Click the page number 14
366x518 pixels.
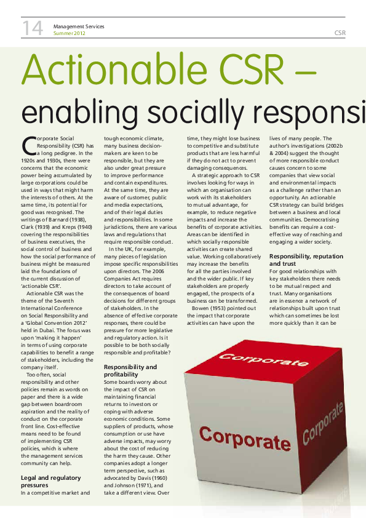click(x=33, y=28)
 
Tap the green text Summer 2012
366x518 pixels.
click(x=69, y=33)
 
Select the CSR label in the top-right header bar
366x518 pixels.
click(x=340, y=32)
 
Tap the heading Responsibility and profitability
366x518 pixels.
click(x=130, y=370)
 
